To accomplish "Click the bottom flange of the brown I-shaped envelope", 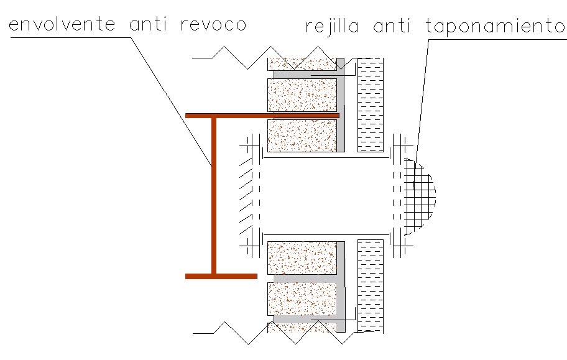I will tap(221, 275).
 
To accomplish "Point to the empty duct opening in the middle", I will tap(326, 196).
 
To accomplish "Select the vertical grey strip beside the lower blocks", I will tap(341, 286).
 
